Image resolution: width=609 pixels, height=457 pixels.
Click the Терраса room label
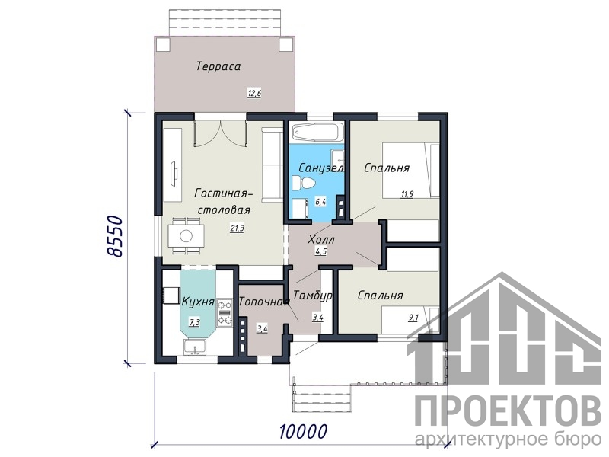pyautogui.click(x=218, y=66)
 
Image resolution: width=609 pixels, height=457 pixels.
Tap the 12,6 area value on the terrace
pyautogui.click(x=254, y=93)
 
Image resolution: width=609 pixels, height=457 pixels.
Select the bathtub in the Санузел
pyautogui.click(x=318, y=133)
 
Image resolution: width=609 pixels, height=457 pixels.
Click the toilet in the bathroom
pyautogui.click(x=305, y=184)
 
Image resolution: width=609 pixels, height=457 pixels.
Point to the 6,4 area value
pyautogui.click(x=320, y=202)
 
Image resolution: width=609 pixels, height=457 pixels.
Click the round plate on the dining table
pyautogui.click(x=186, y=236)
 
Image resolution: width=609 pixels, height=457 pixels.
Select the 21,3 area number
pyautogui.click(x=237, y=228)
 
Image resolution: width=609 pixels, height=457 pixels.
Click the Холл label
pyautogui.click(x=320, y=239)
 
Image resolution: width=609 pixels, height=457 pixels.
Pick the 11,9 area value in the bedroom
pyautogui.click(x=407, y=194)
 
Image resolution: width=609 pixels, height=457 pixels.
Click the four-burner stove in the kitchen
pyautogui.click(x=224, y=312)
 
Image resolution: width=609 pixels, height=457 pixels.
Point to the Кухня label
pyautogui.click(x=198, y=302)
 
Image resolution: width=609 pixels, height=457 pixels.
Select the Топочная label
pyautogui.click(x=264, y=302)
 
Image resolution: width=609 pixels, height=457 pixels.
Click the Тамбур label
pyautogui.click(x=313, y=296)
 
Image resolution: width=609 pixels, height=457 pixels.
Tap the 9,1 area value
pyautogui.click(x=413, y=318)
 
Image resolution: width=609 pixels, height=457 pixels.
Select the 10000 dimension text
pyautogui.click(x=303, y=431)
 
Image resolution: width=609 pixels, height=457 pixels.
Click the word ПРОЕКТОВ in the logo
pyautogui.click(x=508, y=410)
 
